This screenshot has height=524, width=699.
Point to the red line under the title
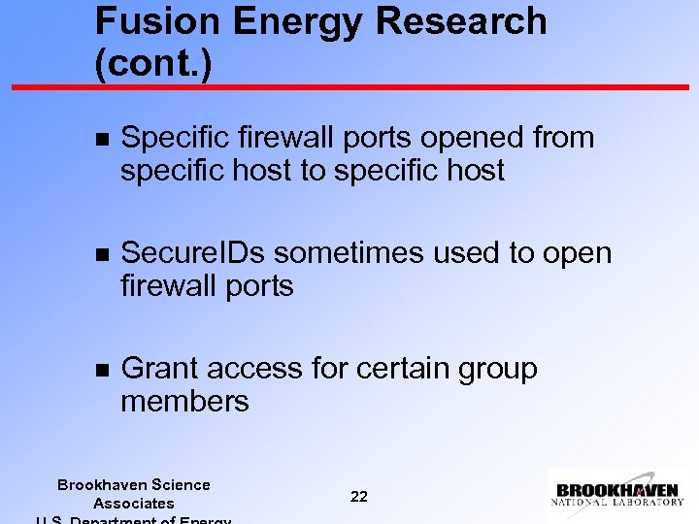tap(349, 87)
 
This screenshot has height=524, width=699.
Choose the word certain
tap(403, 369)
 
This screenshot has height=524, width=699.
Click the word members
tap(184, 402)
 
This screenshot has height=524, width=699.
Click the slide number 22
tap(359, 496)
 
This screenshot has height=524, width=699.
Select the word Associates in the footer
tap(134, 503)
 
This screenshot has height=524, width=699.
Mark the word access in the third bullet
tap(254, 369)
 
